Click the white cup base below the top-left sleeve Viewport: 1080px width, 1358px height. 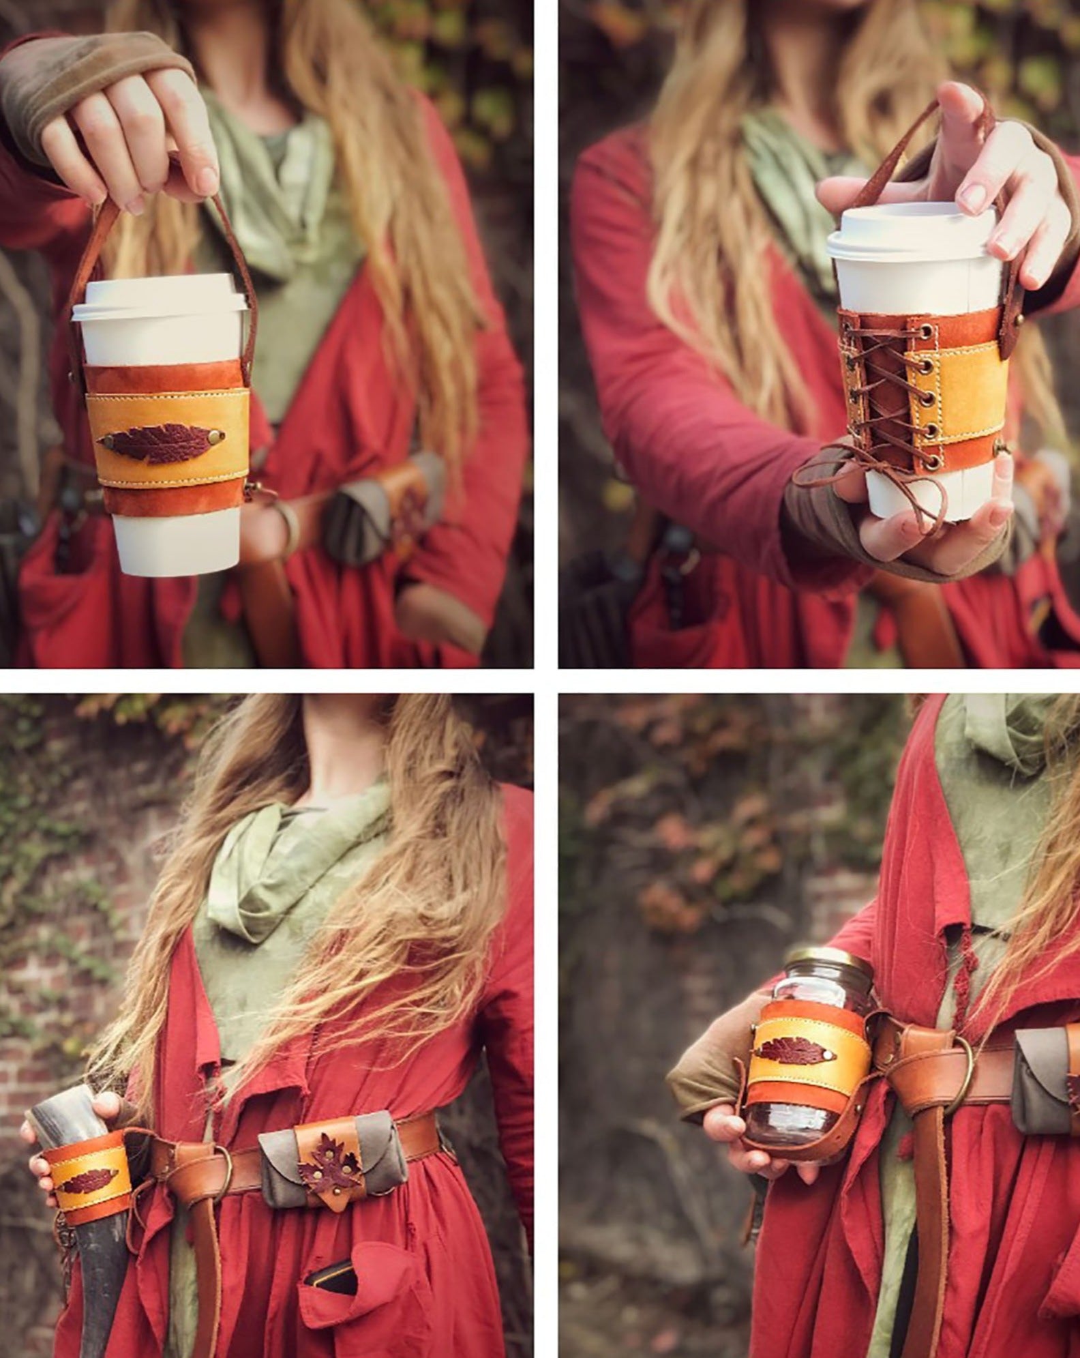(x=175, y=539)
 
